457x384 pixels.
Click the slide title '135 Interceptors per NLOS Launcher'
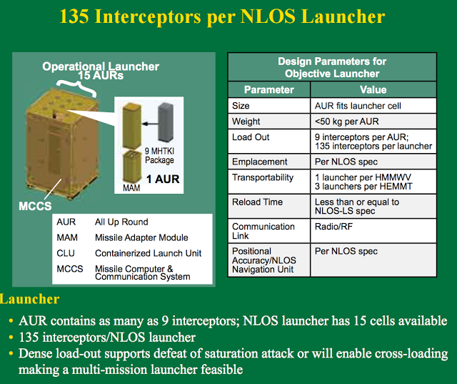(x=222, y=16)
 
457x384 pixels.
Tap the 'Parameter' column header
(x=268, y=89)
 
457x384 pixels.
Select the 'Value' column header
(x=373, y=89)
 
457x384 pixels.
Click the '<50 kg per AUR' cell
(x=346, y=121)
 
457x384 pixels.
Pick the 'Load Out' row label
(x=251, y=137)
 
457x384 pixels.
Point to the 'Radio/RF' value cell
(x=333, y=227)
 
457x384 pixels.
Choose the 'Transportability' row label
(x=263, y=177)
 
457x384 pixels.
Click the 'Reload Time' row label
(x=257, y=202)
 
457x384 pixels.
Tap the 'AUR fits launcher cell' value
(x=358, y=106)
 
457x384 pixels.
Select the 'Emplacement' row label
(x=260, y=162)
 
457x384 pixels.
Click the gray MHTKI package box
(x=166, y=122)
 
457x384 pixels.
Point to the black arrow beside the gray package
(x=150, y=124)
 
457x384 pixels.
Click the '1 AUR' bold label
(x=163, y=179)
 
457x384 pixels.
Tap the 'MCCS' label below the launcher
(x=35, y=206)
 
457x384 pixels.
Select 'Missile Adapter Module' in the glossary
(x=141, y=237)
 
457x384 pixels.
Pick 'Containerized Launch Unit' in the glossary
(x=148, y=253)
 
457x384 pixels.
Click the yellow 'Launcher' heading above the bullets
(x=29, y=299)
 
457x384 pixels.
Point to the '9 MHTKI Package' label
(x=159, y=155)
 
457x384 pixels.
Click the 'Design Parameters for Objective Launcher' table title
(x=332, y=67)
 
